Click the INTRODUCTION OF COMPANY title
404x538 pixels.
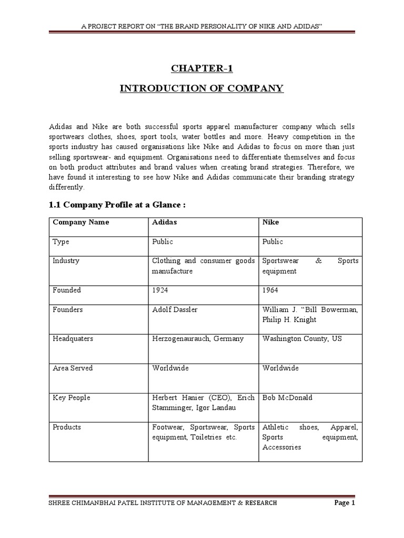click(201, 88)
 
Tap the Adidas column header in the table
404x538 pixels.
click(165, 222)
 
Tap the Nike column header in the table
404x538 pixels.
click(270, 222)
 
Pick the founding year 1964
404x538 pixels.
click(271, 290)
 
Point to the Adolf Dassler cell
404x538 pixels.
click(175, 309)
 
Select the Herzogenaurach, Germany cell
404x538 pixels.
click(198, 339)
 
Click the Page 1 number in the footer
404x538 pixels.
click(345, 503)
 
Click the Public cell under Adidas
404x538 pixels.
click(163, 242)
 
